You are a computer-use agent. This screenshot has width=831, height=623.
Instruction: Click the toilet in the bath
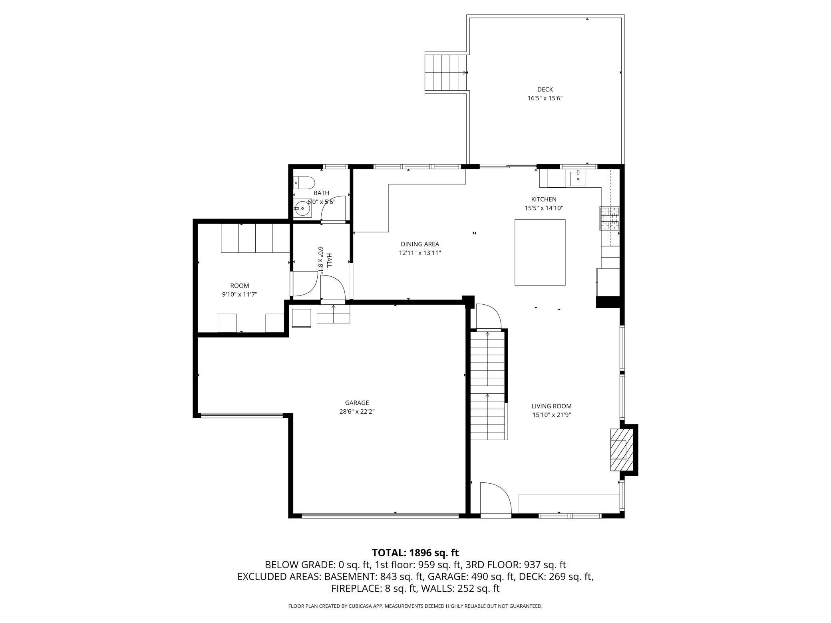(x=304, y=183)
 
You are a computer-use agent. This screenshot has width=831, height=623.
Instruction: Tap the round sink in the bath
(x=302, y=208)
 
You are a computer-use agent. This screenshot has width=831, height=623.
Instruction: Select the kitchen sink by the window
(x=578, y=178)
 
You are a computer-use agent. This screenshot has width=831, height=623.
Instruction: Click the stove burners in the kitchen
(x=609, y=218)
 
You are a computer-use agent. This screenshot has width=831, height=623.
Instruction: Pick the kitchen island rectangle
(x=540, y=252)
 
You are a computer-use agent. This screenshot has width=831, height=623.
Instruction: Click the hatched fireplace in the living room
(x=619, y=450)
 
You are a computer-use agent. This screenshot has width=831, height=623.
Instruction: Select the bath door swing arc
(x=334, y=208)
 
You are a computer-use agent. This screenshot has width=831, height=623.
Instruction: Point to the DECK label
(x=545, y=89)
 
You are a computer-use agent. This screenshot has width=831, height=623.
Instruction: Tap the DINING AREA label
(x=420, y=244)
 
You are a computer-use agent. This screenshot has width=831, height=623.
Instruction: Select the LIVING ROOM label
(x=551, y=406)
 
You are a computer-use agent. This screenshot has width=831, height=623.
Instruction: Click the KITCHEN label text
(x=543, y=199)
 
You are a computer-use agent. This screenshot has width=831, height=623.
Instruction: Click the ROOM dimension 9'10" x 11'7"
(x=240, y=294)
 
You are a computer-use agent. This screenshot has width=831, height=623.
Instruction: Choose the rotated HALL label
(x=329, y=260)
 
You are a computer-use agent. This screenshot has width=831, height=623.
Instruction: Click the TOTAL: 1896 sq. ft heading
(x=415, y=553)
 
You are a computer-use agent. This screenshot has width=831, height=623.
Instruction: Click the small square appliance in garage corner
(x=301, y=318)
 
